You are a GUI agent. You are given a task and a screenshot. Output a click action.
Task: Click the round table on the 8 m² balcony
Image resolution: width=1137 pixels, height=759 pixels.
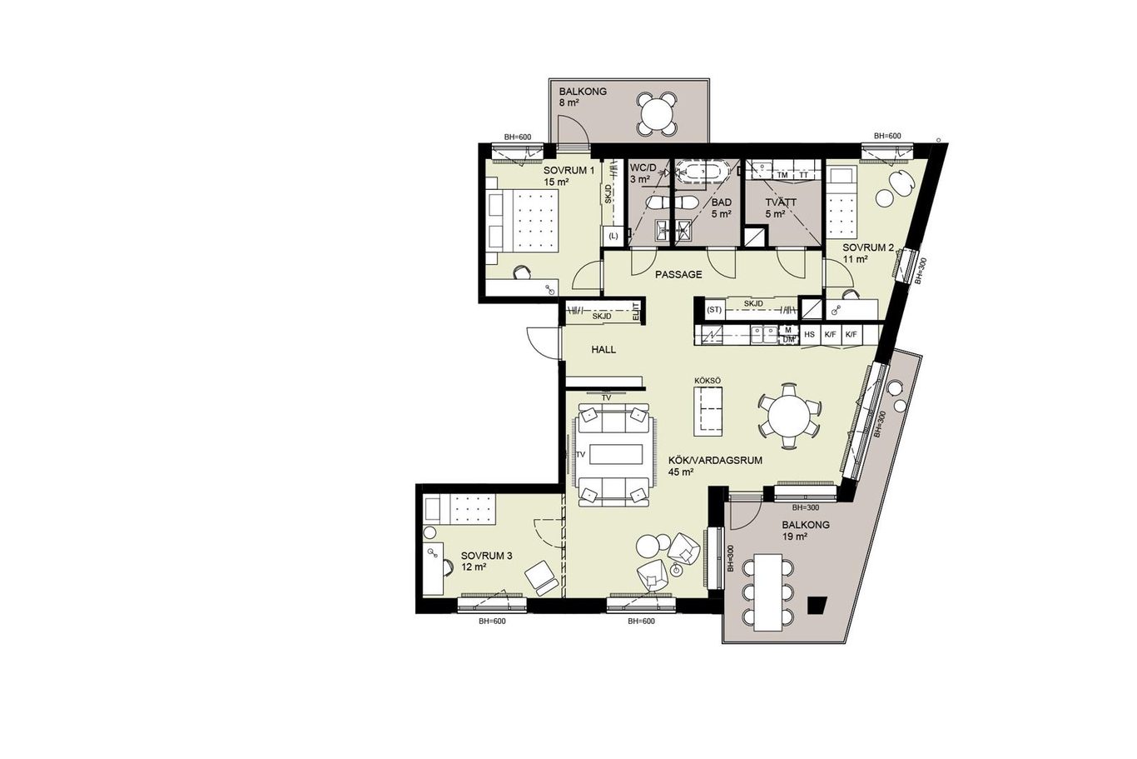coord(658,114)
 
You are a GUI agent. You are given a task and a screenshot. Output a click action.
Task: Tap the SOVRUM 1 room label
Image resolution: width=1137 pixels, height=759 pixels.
coord(568,170)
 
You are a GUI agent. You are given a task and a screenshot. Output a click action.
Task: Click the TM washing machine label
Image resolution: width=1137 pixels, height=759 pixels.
coord(782,175)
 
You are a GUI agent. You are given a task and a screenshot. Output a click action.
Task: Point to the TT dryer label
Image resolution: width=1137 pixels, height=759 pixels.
coord(803,175)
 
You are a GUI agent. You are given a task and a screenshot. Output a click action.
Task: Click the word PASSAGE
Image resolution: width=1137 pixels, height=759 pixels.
coord(678,275)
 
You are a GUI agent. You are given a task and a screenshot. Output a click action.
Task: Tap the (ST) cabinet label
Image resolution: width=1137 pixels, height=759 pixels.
coord(714,309)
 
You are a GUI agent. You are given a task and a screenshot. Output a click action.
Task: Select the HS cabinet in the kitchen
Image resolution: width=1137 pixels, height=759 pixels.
coord(810,335)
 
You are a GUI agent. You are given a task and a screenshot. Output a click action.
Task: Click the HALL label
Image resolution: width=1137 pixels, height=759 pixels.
coord(603,350)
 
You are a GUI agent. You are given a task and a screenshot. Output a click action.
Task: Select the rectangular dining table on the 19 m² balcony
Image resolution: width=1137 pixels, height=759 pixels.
coord(768,592)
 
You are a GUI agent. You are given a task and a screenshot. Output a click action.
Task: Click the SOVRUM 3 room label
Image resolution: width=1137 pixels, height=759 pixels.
coord(486,556)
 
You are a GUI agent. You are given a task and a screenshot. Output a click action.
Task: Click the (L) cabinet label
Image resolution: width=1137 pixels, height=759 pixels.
coord(613,236)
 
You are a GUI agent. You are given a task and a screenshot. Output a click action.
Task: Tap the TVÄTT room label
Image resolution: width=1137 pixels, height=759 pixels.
coord(781,202)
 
